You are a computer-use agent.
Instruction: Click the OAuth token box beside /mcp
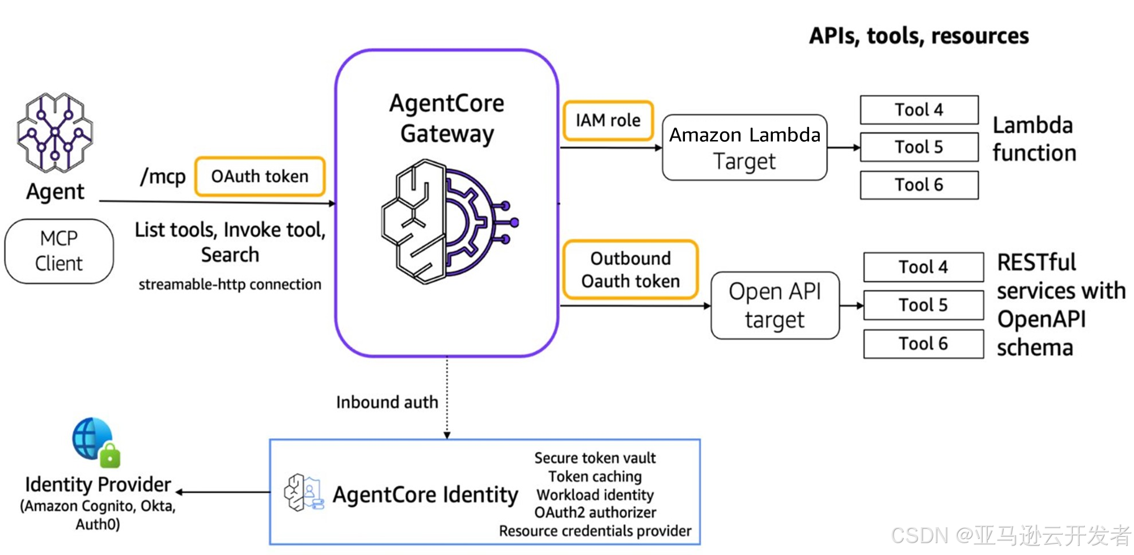click(260, 176)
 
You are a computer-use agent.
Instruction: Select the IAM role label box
click(608, 120)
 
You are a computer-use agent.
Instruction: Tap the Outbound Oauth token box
click(630, 269)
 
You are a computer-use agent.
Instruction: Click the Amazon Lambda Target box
click(744, 147)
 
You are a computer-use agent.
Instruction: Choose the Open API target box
click(775, 306)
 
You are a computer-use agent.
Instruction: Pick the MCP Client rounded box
click(59, 251)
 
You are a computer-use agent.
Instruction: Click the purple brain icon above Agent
click(55, 133)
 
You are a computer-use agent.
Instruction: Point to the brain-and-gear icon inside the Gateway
click(448, 222)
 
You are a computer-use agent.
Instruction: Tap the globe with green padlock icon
click(96, 442)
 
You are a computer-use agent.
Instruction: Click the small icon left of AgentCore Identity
click(304, 493)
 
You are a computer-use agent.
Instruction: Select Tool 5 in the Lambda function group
click(919, 147)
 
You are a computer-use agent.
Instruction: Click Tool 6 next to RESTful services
click(923, 344)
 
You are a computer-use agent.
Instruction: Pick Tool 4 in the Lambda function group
click(919, 109)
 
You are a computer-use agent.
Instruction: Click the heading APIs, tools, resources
click(919, 36)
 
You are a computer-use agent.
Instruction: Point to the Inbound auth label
click(387, 402)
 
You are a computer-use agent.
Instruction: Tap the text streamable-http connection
click(230, 284)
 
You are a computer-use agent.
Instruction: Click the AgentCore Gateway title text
click(447, 118)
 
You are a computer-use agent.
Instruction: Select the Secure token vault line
click(595, 457)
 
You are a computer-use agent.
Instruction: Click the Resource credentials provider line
click(595, 531)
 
